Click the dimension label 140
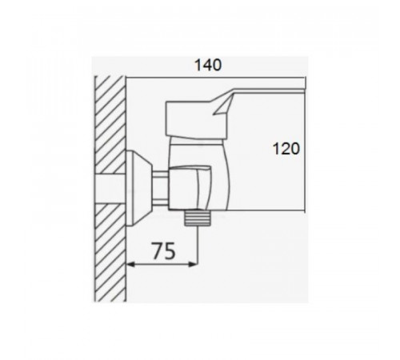click(x=208, y=66)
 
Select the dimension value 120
click(x=286, y=149)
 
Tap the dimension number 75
click(x=164, y=250)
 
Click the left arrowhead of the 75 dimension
click(x=130, y=265)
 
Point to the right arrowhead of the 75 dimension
click(x=193, y=265)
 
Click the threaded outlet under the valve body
click(x=198, y=218)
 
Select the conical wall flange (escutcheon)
click(x=138, y=188)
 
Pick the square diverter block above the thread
click(x=190, y=187)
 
